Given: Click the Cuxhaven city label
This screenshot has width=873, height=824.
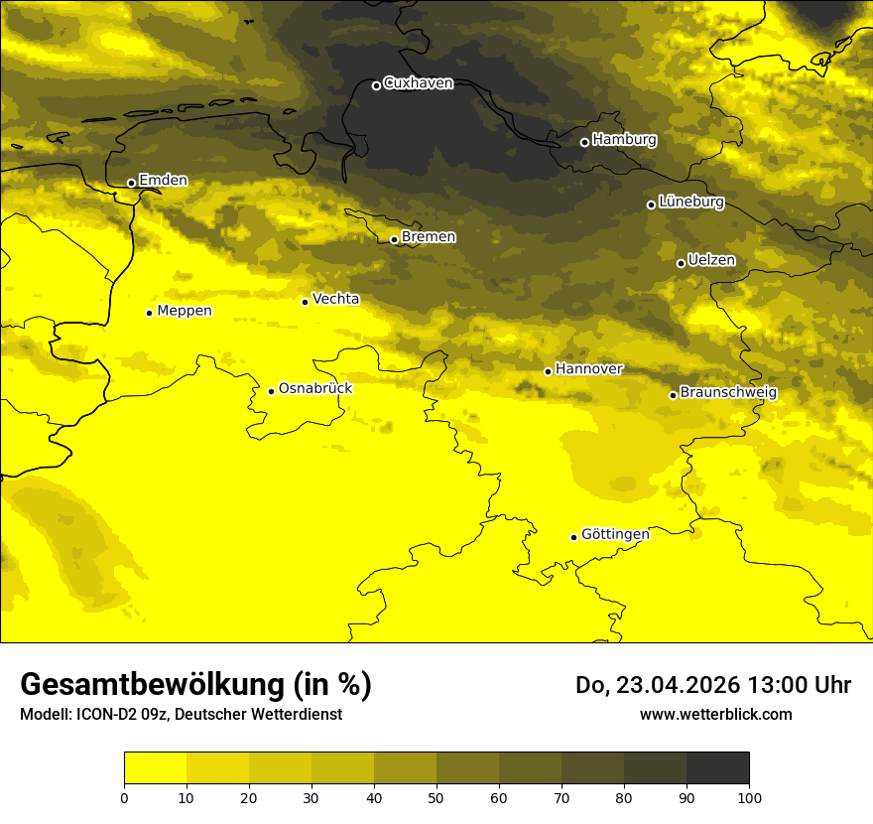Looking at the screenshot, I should (x=418, y=83).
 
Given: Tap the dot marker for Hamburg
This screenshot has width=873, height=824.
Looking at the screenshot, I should (x=584, y=142).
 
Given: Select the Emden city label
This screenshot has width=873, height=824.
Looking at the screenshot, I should (x=163, y=181).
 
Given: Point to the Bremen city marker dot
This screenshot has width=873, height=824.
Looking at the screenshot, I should (x=394, y=239).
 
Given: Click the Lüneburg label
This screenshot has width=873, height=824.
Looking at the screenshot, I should (x=690, y=202).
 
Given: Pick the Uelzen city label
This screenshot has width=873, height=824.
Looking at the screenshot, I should (x=711, y=261).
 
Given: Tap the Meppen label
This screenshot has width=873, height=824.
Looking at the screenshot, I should (x=185, y=311).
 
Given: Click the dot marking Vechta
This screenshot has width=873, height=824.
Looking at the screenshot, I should (x=305, y=302).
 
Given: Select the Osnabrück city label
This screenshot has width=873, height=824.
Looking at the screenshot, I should (x=315, y=389).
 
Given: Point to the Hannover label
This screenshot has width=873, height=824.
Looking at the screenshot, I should (x=588, y=369).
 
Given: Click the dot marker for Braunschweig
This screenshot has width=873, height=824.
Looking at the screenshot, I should (x=673, y=395).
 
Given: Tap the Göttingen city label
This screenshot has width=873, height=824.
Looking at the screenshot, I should (x=615, y=534).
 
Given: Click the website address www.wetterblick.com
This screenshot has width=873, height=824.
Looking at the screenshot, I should (x=715, y=714).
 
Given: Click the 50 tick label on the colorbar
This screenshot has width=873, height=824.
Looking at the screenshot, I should (x=436, y=797).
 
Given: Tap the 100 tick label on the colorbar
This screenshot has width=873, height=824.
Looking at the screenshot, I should (x=749, y=797).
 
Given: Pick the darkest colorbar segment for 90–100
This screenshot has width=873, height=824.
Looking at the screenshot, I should (x=717, y=768).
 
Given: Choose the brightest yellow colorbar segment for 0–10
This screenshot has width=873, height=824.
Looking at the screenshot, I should (x=156, y=768).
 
